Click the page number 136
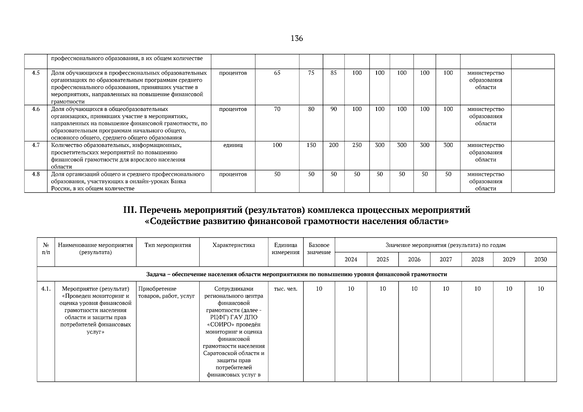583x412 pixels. point(297,38)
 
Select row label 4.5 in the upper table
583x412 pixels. point(36,73)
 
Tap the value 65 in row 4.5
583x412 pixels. point(277,73)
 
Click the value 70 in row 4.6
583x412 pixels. point(277,109)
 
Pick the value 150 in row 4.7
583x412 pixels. point(311,145)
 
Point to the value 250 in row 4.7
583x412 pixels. point(357,145)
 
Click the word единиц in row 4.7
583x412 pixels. point(233,145)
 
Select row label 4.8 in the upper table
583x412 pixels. point(36,174)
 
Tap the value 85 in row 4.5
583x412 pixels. point(334,73)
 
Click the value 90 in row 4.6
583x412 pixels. point(334,109)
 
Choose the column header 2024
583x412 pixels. point(351,260)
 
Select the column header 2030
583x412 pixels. point(540,260)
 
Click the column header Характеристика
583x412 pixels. point(234,245)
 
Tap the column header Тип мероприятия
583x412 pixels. point(168,245)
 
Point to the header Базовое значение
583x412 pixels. point(319,249)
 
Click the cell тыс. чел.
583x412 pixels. point(285,289)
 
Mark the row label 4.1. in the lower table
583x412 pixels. point(46,289)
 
